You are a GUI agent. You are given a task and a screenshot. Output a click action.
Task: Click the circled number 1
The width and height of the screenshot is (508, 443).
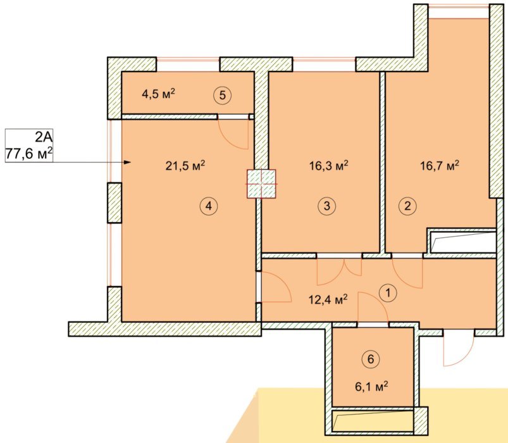click(387, 293)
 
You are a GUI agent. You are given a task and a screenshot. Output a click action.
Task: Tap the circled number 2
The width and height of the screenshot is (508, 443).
click(407, 206)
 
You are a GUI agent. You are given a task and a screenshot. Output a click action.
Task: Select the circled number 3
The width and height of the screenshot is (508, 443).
click(326, 206)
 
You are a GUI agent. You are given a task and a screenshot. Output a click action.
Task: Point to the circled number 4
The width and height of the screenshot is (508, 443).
click(209, 206)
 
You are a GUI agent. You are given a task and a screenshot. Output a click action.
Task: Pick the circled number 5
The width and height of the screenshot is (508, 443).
click(223, 96)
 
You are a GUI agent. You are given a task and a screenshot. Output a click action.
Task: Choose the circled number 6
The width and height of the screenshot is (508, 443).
click(371, 359)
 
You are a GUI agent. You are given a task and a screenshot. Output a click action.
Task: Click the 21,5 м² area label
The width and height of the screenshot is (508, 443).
click(185, 166)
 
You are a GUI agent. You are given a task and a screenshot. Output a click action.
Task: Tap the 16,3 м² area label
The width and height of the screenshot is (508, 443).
click(328, 166)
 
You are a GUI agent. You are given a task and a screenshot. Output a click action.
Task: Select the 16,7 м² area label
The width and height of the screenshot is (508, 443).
click(440, 166)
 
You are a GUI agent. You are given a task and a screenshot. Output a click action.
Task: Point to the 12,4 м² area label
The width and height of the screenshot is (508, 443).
click(328, 300)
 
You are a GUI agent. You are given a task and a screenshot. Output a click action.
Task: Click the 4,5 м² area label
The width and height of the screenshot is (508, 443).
click(158, 94)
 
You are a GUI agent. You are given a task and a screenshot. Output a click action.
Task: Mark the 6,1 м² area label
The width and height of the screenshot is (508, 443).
click(371, 387)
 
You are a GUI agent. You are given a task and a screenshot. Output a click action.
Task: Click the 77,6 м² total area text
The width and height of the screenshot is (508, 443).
click(29, 154)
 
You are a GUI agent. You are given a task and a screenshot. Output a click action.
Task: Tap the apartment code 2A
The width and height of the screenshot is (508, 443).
click(44, 137)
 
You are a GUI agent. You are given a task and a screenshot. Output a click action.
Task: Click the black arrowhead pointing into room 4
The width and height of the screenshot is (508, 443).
click(128, 162)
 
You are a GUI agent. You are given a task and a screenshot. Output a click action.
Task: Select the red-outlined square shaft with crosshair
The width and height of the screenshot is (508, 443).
click(261, 184)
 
